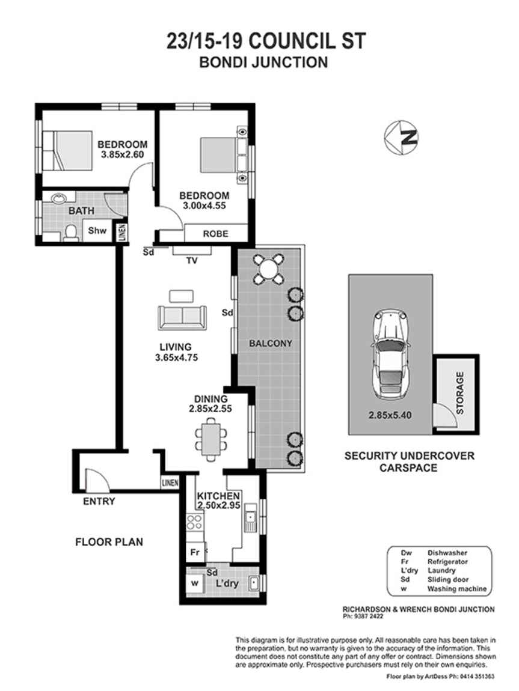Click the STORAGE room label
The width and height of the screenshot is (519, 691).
[x=460, y=394]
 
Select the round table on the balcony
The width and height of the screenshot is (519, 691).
[x=268, y=268]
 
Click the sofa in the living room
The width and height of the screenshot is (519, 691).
[x=182, y=317]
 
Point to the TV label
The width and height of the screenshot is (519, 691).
[x=192, y=260]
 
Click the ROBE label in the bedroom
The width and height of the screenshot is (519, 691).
[x=215, y=233]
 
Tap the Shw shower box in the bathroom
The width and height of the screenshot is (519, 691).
[x=97, y=230]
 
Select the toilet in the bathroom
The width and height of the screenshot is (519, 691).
[x=71, y=232]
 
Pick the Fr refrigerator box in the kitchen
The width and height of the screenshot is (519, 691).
[x=194, y=552]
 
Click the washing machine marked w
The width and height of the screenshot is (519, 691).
[x=194, y=583]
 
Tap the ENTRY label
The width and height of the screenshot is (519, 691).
[x=99, y=501]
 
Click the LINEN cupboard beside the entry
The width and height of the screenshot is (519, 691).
[x=169, y=482]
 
